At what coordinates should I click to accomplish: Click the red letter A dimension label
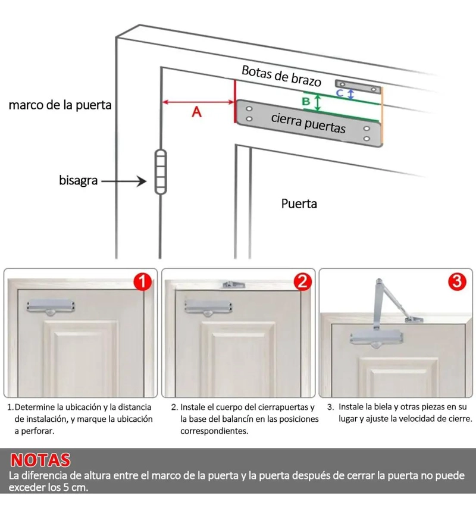click(x=196, y=112)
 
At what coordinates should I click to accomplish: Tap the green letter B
click(x=306, y=101)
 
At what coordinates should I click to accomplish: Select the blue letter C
click(x=340, y=93)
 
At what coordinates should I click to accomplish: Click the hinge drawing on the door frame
click(x=161, y=172)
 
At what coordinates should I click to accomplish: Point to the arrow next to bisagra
click(x=124, y=181)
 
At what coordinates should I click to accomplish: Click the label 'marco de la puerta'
click(x=60, y=105)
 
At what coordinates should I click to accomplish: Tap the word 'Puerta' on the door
click(x=299, y=204)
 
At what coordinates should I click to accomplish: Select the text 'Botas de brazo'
click(x=281, y=76)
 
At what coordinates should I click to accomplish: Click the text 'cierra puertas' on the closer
click(x=308, y=123)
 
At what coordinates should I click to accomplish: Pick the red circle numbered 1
click(x=143, y=282)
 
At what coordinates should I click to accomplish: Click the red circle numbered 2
click(x=302, y=282)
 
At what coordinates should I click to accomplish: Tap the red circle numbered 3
click(x=457, y=282)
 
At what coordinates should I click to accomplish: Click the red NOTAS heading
click(x=40, y=460)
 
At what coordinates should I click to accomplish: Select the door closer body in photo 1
click(x=51, y=306)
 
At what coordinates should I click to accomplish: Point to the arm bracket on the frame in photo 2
click(x=234, y=284)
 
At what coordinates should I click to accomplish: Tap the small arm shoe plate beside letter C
click(x=358, y=87)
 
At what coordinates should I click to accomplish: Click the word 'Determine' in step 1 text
click(x=35, y=407)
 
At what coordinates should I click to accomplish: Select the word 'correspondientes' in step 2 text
click(x=214, y=431)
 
